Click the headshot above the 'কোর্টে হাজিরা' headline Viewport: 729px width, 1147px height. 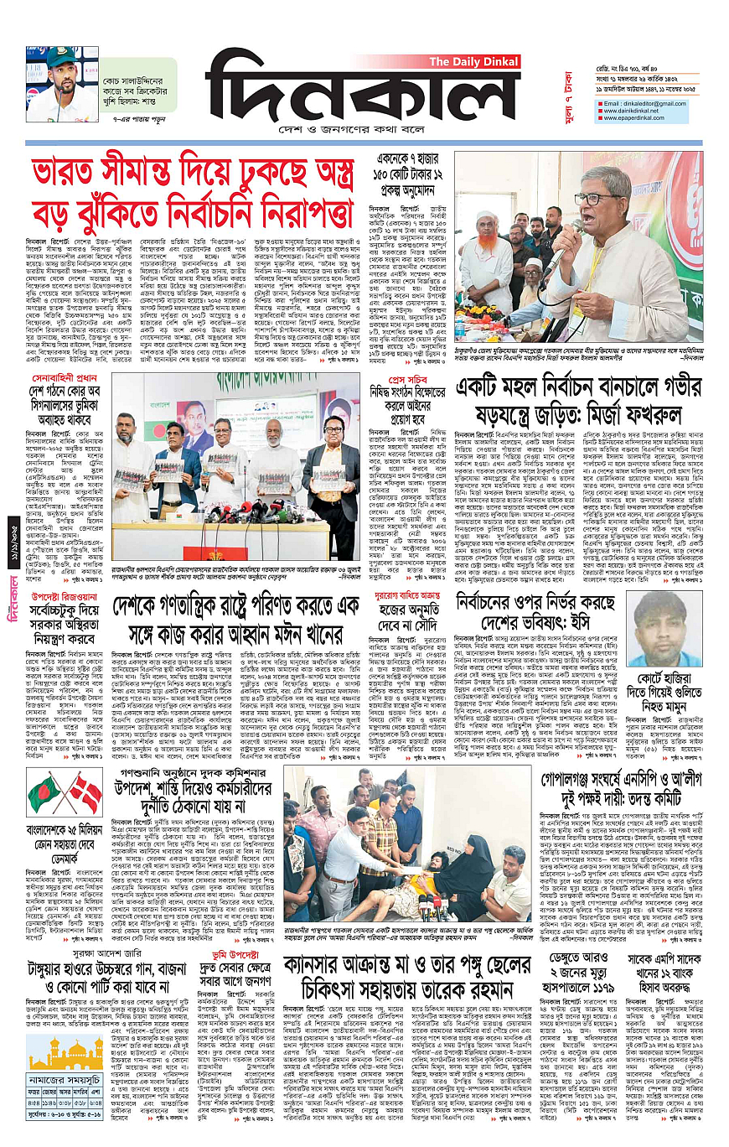pos(662,631)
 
